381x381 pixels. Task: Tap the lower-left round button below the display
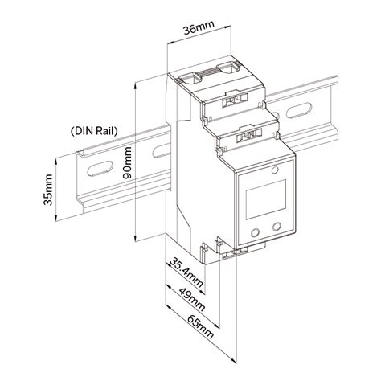point(255,233)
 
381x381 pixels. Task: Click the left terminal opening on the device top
point(190,80)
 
